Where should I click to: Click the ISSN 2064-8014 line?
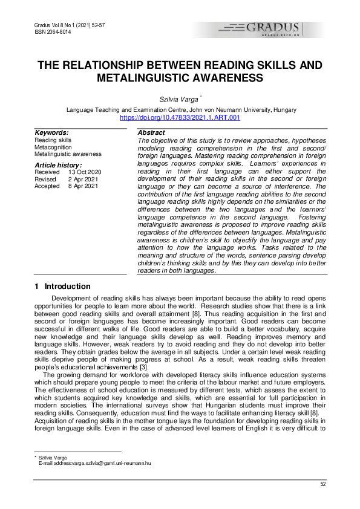pyautogui.click(x=49, y=31)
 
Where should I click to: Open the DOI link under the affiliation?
pyautogui.click(x=180, y=117)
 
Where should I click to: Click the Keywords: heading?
pyautogui.click(x=51, y=132)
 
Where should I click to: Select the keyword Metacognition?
pyautogui.click(x=53, y=147)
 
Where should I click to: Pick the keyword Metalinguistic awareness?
pyautogui.click(x=68, y=154)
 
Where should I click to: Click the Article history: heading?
pyautogui.click(x=58, y=165)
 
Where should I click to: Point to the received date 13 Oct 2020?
pyautogui.click(x=85, y=172)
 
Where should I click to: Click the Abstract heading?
pyautogui.click(x=151, y=132)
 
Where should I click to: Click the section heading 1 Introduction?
pyautogui.click(x=63, y=287)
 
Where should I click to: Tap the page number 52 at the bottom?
pyautogui.click(x=323, y=484)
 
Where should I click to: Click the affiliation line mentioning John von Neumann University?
pyautogui.click(x=180, y=109)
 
